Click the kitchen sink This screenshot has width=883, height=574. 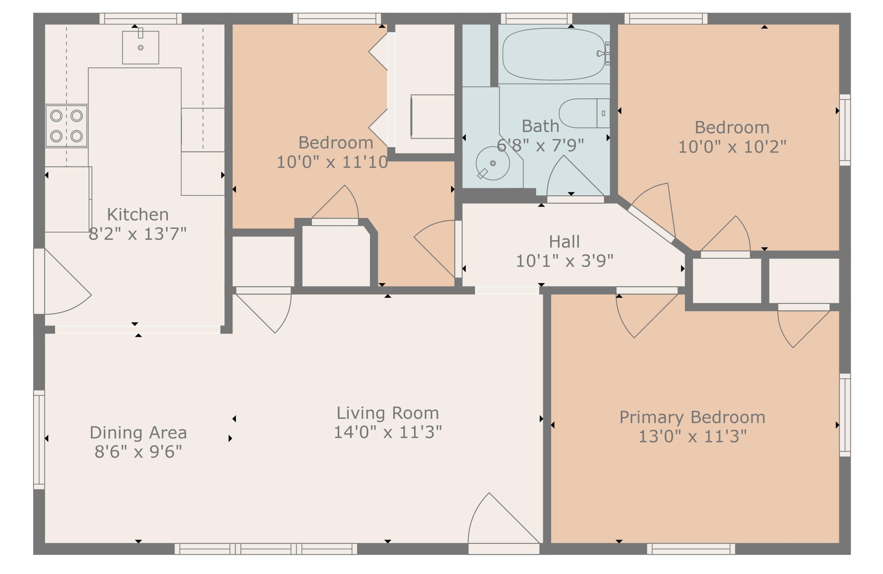[141, 47]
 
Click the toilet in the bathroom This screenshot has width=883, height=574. [584, 113]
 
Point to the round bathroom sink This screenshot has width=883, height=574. [493, 163]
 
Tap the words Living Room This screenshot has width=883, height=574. [387, 413]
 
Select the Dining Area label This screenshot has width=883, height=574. [138, 433]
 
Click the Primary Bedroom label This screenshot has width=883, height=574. [692, 417]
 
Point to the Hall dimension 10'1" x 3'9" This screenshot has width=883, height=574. [564, 261]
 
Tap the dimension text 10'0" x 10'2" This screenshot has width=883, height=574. [732, 147]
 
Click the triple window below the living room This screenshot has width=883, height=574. [266, 549]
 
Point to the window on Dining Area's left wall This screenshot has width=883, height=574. [39, 440]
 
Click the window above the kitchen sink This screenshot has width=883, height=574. [141, 19]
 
